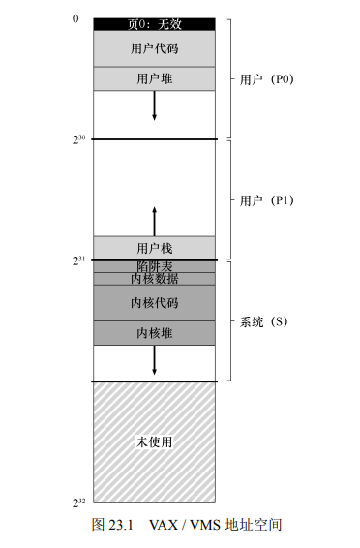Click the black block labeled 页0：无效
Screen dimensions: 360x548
(154, 24)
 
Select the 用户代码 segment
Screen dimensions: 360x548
(154, 48)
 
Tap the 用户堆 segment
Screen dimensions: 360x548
(154, 78)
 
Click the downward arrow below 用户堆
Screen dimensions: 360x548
(154, 106)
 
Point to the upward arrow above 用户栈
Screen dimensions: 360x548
(154, 222)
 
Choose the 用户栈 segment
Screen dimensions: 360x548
(154, 248)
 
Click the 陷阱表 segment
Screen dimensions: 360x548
(154, 266)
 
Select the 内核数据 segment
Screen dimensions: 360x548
(154, 279)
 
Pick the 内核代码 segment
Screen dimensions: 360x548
(154, 303)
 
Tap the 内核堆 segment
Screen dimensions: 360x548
(154, 333)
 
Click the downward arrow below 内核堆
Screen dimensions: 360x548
(154, 360)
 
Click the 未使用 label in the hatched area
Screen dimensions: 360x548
(154, 442)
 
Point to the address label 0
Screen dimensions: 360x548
(75, 18)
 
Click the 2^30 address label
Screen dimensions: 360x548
(78, 139)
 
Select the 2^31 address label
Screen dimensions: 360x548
(78, 260)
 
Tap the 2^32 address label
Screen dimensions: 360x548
(78, 502)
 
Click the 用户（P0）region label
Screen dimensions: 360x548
(266, 79)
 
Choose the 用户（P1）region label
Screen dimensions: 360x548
(266, 200)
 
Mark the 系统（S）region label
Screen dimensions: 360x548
(263, 321)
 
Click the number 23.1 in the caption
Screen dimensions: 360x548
(121, 525)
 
